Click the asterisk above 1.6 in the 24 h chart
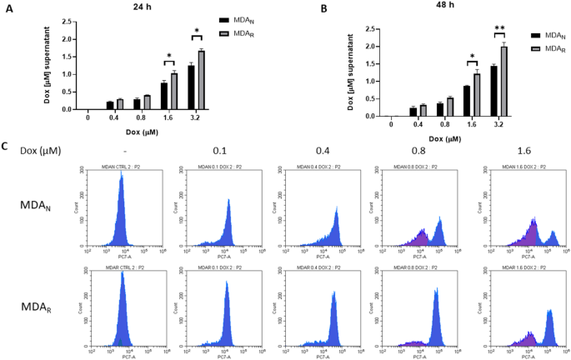pyautogui.click(x=169, y=57)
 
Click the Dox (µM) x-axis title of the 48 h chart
pyautogui.click(x=439, y=137)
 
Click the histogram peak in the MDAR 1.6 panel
pyautogui.click(x=549, y=312)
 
